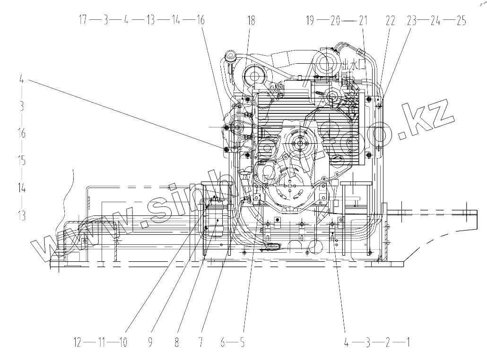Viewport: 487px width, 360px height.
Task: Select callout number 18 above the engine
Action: [251, 20]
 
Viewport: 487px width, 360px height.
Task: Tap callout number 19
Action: [310, 20]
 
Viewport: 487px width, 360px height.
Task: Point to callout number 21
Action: [363, 20]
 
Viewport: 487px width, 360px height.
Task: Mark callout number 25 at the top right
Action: [461, 20]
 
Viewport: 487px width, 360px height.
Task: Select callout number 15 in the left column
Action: [21, 161]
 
